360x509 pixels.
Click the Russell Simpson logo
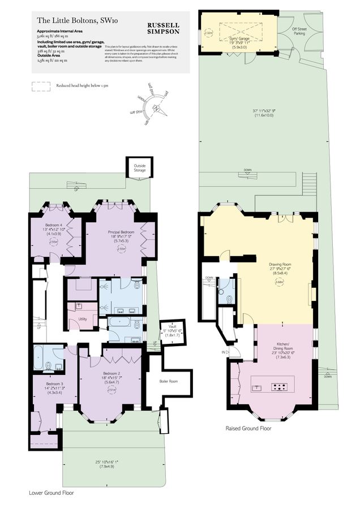[x=164, y=29]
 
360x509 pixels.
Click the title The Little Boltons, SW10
[x=73, y=20]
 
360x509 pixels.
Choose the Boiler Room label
[x=169, y=382]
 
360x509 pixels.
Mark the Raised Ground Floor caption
[x=248, y=429]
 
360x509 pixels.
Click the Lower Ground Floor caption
[x=51, y=493]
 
